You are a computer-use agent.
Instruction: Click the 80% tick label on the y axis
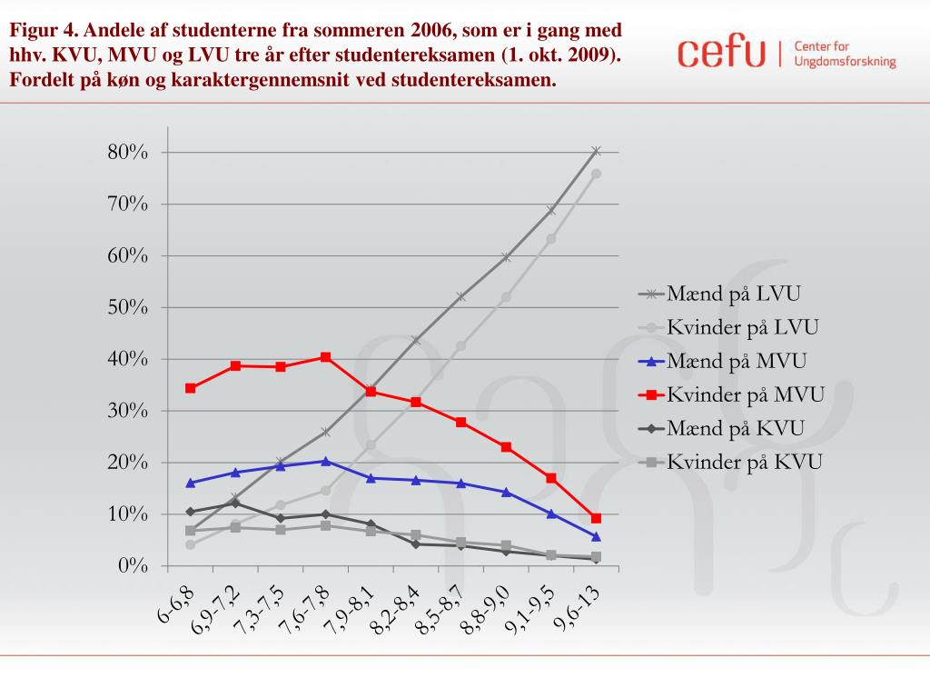[x=127, y=152]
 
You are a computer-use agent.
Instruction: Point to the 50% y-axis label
[x=127, y=307]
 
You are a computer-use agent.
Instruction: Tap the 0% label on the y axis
[x=132, y=566]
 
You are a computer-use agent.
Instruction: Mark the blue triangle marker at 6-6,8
[x=190, y=483]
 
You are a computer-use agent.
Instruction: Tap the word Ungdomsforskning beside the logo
[x=845, y=63]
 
